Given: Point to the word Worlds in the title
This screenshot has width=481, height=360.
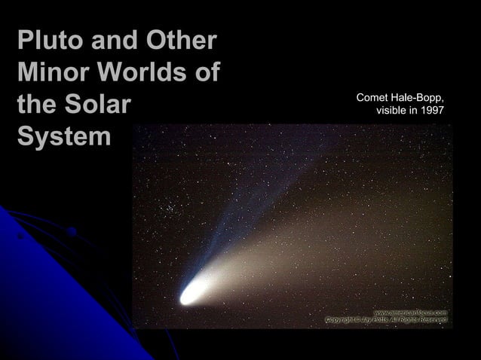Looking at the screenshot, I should coord(146,74).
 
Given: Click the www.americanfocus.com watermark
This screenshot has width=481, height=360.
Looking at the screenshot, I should coord(411,312).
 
